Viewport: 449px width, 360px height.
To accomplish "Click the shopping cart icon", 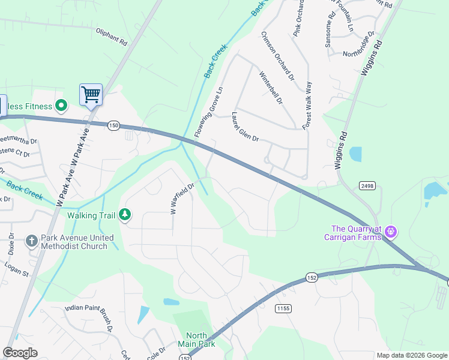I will click(91, 94).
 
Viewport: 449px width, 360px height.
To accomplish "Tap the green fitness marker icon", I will click(61, 107).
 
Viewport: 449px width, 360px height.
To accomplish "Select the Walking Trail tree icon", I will click(125, 214).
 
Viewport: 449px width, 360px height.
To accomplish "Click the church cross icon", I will click(32, 241).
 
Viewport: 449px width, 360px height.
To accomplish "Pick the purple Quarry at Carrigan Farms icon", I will click(391, 230).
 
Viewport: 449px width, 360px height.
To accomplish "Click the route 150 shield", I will click(114, 125).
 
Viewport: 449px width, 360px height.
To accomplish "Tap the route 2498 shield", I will click(367, 186).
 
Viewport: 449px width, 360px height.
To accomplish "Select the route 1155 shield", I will click(283, 308).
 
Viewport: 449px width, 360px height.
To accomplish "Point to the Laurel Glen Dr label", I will click(245, 127).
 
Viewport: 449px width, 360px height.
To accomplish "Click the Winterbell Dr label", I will click(270, 88).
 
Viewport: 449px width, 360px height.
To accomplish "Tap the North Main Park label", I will click(196, 340).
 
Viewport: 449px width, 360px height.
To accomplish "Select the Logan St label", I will click(17, 269).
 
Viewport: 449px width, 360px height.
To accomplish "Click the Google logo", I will click(20, 353).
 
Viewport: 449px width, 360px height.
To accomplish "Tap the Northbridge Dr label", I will click(359, 44).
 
